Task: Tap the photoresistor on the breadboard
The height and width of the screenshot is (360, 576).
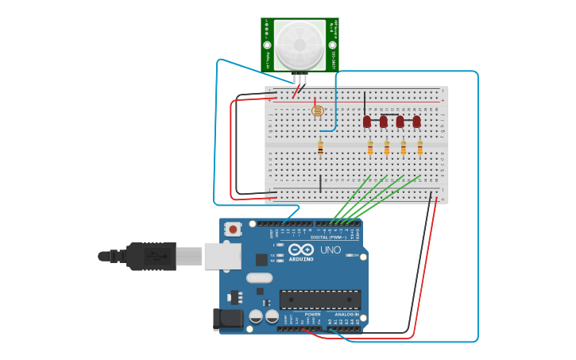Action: (318, 111)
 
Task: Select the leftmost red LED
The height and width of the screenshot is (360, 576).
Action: (367, 122)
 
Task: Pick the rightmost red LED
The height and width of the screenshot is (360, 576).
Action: (416, 122)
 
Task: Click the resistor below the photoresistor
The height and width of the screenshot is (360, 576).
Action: (320, 147)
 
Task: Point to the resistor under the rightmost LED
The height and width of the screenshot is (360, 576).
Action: (419, 147)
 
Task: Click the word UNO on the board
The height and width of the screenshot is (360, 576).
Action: (331, 250)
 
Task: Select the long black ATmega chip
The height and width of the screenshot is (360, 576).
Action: (319, 300)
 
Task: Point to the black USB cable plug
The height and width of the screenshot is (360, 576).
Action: (151, 256)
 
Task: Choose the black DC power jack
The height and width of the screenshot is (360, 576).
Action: (228, 319)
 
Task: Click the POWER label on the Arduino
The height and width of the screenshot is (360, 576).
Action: (312, 314)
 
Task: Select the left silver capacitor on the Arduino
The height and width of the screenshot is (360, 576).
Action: (256, 316)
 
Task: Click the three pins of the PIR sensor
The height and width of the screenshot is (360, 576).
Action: (300, 78)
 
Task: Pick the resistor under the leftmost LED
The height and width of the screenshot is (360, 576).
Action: (370, 147)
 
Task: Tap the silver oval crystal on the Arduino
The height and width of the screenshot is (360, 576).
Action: (259, 278)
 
